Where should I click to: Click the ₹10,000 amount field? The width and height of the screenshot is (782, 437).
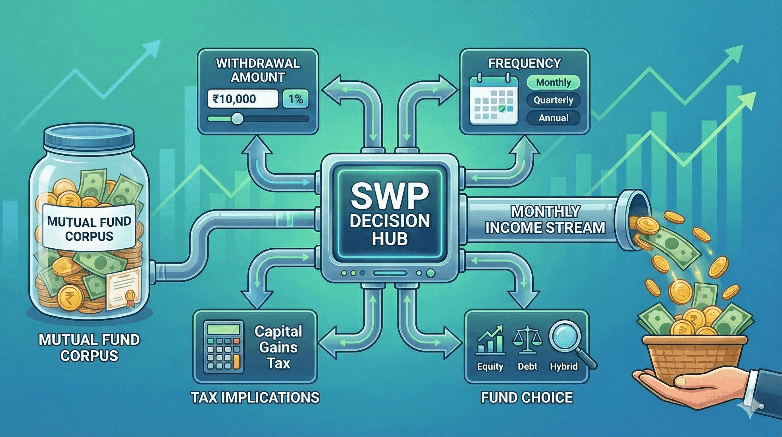coord(242,99)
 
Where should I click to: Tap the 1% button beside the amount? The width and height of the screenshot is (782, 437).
coord(295,99)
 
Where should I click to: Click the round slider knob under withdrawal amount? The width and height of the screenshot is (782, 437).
coord(237,119)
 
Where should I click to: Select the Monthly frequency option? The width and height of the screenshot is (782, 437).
coord(553,82)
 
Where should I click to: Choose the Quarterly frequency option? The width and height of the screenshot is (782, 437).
coord(553,100)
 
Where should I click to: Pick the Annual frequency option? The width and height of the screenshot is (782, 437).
coord(553,118)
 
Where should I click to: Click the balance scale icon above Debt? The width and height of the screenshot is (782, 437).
coord(527,340)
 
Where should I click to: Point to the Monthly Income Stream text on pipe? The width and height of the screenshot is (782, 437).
coord(545,220)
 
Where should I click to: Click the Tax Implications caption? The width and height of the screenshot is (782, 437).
coord(255,397)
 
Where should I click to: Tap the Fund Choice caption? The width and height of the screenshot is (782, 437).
coord(527,397)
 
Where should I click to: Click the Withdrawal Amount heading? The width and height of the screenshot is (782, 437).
coord(258,70)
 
